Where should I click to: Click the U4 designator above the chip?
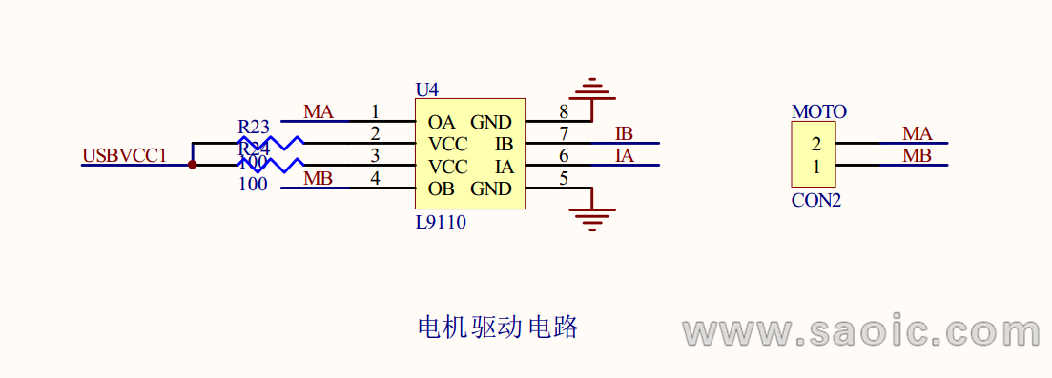426,90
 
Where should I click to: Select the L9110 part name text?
441,222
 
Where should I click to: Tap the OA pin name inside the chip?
442,122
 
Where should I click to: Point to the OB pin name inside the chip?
442,189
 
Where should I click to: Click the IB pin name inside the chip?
505,144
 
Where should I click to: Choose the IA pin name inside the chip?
505,167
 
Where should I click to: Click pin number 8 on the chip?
564,111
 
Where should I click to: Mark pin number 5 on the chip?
564,178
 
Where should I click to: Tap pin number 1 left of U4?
375,111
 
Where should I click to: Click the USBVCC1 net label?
125,155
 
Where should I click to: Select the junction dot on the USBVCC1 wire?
193,165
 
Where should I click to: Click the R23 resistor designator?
254,127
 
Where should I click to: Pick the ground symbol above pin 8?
592,90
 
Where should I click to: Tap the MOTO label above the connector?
818,111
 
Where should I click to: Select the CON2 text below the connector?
815,201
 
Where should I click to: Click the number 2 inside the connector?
815,145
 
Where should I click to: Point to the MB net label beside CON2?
917,156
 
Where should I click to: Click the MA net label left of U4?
318,112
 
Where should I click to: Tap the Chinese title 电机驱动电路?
498,328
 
